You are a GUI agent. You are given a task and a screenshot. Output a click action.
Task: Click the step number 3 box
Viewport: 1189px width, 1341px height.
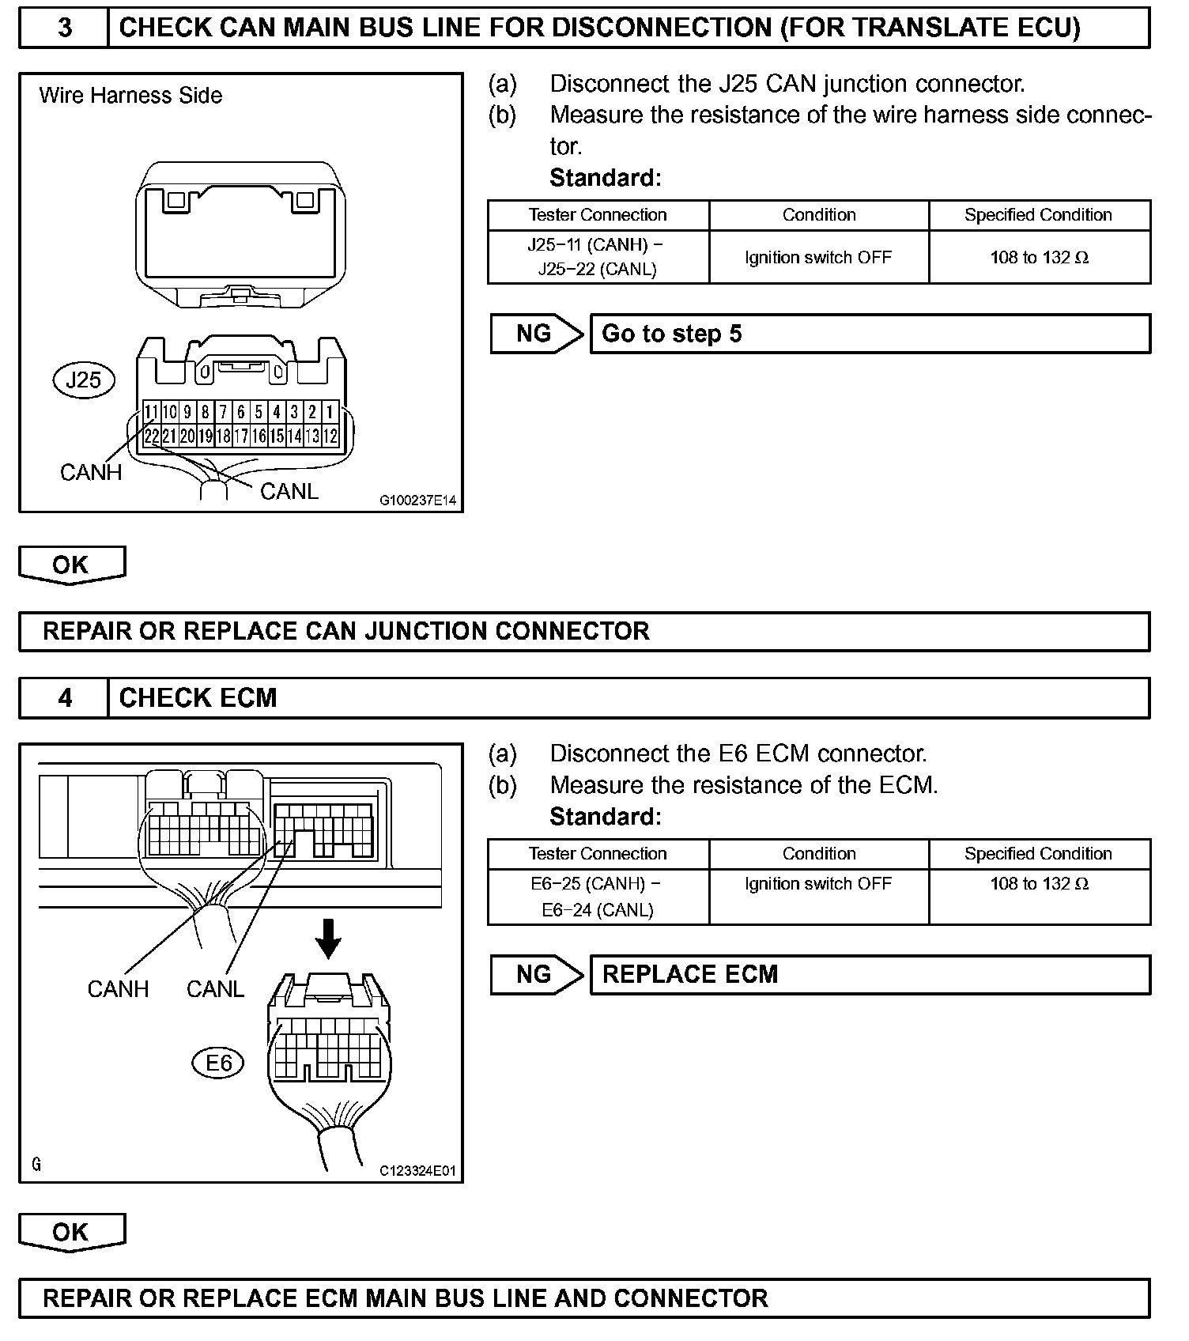[64, 28]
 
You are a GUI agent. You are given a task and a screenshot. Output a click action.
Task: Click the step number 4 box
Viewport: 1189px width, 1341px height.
[64, 698]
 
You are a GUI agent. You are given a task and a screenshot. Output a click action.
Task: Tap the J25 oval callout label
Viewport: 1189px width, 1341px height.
[84, 380]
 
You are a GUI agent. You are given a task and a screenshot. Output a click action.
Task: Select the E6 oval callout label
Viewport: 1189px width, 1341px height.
[218, 1063]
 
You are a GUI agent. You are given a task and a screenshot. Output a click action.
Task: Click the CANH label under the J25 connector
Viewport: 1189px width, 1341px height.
[91, 473]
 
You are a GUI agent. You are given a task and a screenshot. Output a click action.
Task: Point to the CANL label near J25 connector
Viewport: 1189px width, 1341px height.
[289, 492]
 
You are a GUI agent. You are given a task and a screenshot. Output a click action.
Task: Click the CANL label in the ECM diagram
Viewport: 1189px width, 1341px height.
[215, 989]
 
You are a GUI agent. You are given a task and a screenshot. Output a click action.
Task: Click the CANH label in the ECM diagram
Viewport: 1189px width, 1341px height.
[118, 989]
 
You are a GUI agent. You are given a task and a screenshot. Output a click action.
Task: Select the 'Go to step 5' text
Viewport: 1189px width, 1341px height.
[672, 334]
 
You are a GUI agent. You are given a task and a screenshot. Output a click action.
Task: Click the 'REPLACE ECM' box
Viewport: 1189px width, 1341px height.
[870, 974]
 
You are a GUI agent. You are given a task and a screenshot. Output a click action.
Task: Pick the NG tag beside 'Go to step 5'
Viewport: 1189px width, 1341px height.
[534, 334]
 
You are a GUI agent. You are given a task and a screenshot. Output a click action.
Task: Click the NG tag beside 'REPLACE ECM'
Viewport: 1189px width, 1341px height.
[534, 974]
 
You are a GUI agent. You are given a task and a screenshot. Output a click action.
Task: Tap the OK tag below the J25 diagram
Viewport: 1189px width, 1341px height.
[71, 565]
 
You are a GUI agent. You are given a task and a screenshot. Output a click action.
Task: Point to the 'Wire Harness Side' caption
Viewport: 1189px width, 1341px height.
[130, 96]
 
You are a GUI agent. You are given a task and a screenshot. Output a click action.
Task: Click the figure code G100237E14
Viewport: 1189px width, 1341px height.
[417, 501]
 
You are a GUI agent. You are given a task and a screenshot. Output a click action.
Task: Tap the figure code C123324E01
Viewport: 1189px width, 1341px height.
[417, 1171]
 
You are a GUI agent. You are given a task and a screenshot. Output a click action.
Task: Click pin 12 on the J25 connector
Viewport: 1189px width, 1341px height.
[330, 436]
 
